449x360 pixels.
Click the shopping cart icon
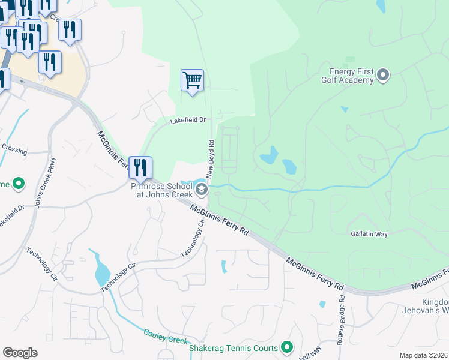(x=192, y=80)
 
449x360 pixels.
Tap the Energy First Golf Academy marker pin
(x=383, y=75)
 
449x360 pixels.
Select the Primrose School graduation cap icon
(x=202, y=190)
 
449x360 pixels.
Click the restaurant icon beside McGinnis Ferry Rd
(x=140, y=168)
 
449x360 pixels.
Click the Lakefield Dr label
(x=188, y=120)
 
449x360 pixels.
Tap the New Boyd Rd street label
(x=211, y=159)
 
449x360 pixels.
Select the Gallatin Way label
(x=371, y=233)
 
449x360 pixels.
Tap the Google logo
(x=20, y=353)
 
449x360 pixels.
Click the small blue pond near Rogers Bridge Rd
(x=322, y=304)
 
